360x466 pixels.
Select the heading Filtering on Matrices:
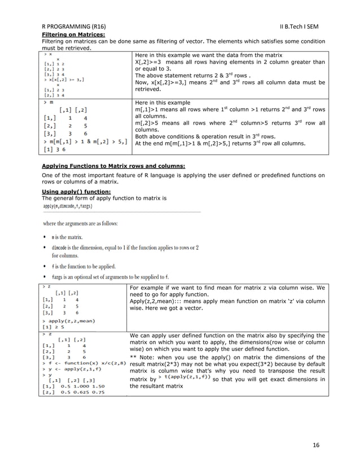click(67, 35)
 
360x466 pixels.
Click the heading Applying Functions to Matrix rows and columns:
click(106, 166)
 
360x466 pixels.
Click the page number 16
click(316, 446)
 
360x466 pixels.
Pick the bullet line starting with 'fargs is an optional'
click(109, 277)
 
